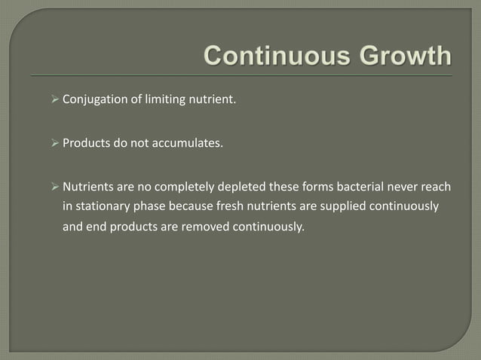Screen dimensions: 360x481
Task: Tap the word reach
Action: tap(425, 187)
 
